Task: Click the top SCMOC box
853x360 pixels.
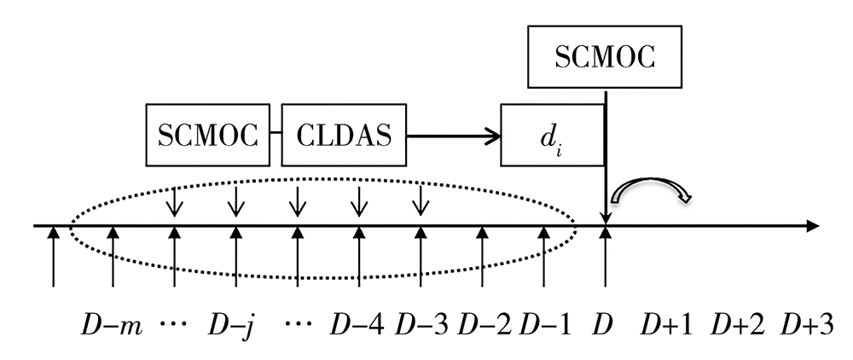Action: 606,57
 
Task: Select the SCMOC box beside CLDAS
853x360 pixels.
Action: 209,135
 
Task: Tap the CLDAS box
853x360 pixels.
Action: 344,135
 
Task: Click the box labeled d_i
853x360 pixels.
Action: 552,135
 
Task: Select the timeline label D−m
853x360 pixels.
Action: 110,325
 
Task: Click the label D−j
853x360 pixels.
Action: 232,325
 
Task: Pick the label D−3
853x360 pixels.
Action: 420,325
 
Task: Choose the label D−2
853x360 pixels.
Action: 482,325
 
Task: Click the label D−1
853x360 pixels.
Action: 543,325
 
